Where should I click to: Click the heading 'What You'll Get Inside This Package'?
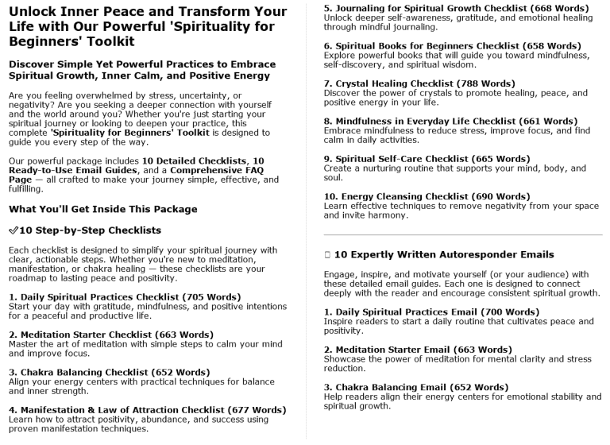(103, 210)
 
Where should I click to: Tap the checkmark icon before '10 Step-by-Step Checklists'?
(14, 230)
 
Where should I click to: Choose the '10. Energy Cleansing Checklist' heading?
(396, 196)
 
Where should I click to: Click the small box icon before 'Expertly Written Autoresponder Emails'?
(327, 255)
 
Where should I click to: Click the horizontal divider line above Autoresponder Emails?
(463, 236)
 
